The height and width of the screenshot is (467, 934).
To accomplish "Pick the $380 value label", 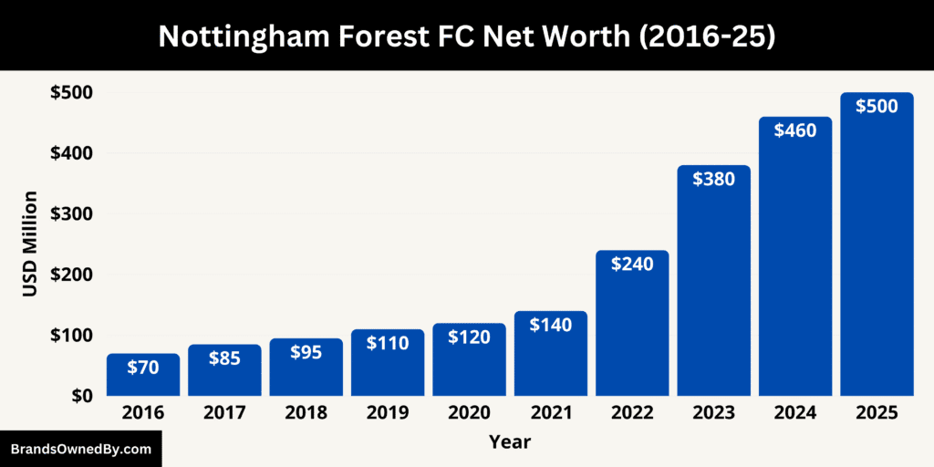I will (x=713, y=179).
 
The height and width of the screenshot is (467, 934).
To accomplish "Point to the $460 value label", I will (x=795, y=130).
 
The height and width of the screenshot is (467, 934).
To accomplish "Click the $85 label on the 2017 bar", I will (x=224, y=358).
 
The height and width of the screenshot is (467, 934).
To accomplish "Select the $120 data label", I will (x=469, y=337).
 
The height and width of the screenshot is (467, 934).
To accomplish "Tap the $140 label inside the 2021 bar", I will (x=551, y=325).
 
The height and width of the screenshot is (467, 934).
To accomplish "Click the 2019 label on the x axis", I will (x=388, y=413).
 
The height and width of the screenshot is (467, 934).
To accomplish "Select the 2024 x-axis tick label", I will (x=795, y=413).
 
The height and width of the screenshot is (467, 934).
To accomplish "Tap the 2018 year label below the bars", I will (x=306, y=413).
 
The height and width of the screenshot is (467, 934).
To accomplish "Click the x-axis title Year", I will (x=509, y=442).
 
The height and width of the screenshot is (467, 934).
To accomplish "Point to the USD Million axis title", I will (x=30, y=244).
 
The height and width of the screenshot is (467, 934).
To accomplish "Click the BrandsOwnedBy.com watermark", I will (x=80, y=449).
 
